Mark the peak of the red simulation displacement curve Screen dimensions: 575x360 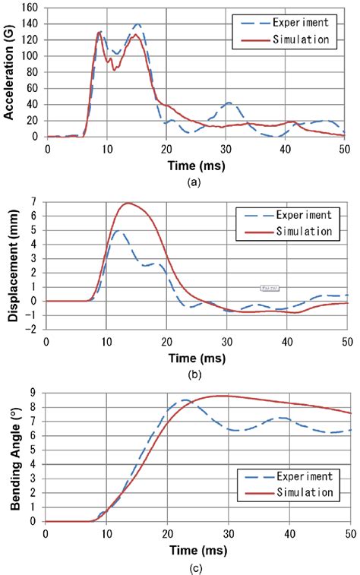(x=128, y=203)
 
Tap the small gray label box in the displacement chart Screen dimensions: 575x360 (x=268, y=288)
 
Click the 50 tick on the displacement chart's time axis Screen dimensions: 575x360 (x=346, y=340)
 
